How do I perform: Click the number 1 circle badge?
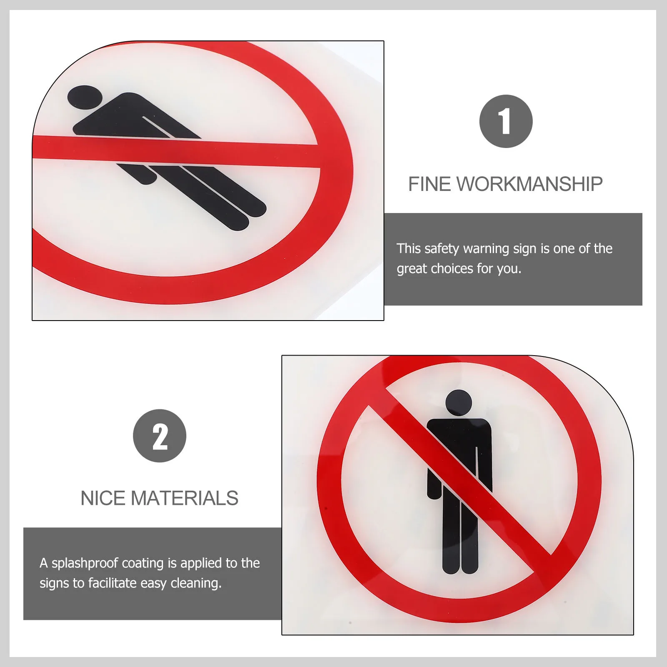[506, 121]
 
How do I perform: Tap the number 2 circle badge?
[160, 436]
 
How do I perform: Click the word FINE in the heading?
[429, 184]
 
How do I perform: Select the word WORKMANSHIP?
[530, 184]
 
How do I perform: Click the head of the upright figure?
[459, 403]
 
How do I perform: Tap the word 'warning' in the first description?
[486, 249]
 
